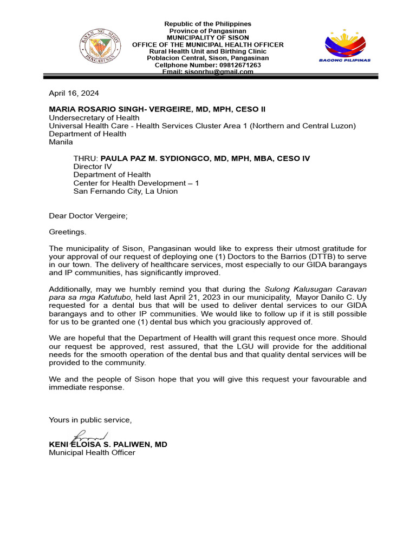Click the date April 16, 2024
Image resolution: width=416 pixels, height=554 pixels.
74,93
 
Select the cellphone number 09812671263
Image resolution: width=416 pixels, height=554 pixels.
235,65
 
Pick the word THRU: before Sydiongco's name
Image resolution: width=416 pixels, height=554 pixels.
86,159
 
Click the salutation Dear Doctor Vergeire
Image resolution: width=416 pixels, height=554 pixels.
88,216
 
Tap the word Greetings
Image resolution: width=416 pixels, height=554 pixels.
67,232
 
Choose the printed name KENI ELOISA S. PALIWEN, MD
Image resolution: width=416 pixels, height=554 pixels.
108,444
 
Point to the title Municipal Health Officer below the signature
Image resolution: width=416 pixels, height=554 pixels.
92,452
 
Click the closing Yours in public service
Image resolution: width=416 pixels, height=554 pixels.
90,420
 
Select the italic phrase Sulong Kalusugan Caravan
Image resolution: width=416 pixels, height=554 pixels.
316,289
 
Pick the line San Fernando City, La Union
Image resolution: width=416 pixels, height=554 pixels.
125,191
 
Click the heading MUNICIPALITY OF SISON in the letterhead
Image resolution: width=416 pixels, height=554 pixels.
208,38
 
